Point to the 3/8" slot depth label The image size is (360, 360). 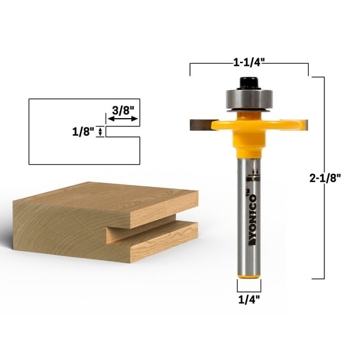pos(122,111)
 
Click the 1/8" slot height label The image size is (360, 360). pos(82,131)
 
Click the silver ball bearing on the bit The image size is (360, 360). pos(248,100)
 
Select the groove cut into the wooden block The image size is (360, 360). pos(150,232)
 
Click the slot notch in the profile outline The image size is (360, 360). pos(122,132)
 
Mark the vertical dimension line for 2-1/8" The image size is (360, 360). pos(323,177)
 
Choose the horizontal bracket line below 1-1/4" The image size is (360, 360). pos(249,64)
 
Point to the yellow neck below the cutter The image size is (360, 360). pos(248,147)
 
